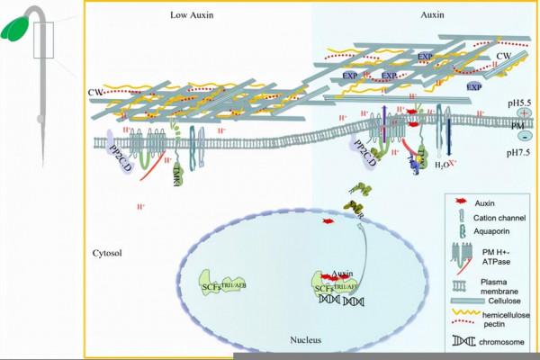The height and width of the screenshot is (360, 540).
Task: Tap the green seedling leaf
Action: (x=16, y=27)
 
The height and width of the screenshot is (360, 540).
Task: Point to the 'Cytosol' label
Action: (x=106, y=253)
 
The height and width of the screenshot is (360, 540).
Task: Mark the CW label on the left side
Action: (x=95, y=91)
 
